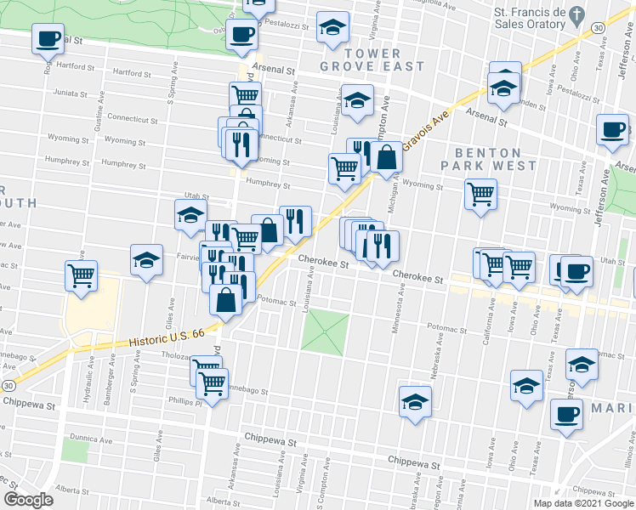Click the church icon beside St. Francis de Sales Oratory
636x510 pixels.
(577, 15)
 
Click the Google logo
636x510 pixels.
(28, 500)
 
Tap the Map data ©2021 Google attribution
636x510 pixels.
(582, 503)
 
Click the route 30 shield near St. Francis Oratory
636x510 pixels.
(599, 28)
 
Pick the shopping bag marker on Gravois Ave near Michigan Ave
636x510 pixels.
(386, 158)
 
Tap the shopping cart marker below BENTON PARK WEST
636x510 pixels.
(481, 194)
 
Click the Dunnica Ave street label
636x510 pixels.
(90, 440)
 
